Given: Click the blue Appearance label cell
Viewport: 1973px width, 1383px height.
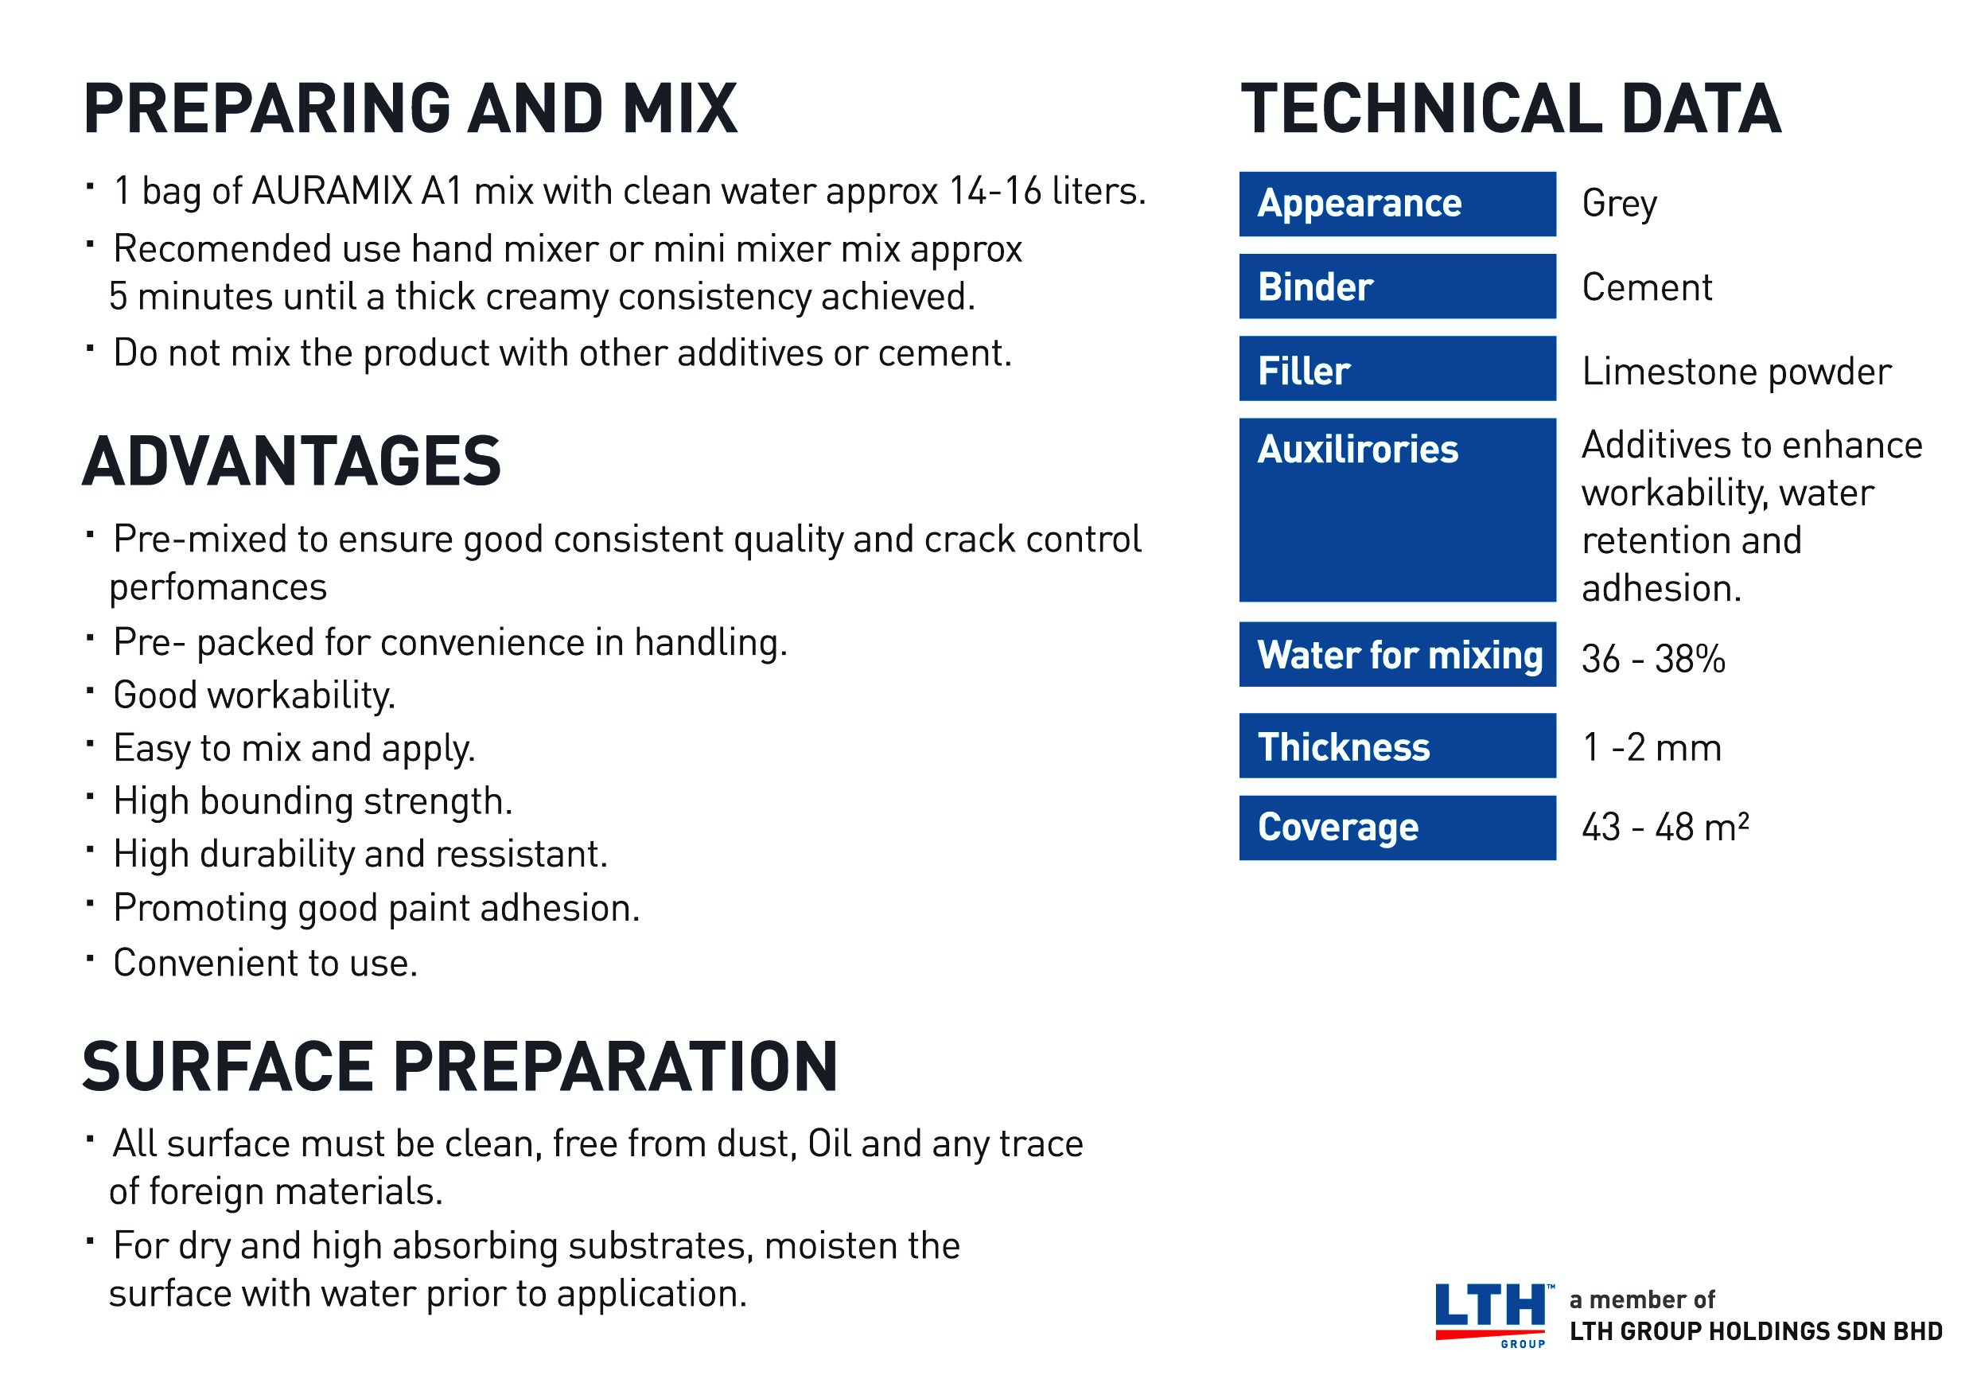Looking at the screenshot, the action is [x=1397, y=204].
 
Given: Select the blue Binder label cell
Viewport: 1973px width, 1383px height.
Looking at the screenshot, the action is [x=1397, y=286].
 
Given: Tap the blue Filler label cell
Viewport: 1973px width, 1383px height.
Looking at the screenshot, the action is [x=1397, y=368].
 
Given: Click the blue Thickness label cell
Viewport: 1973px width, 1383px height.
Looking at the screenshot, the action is [x=1397, y=746].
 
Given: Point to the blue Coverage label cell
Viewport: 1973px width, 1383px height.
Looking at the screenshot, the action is [x=1397, y=828].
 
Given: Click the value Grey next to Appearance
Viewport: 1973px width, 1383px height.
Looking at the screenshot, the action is [x=1619, y=205].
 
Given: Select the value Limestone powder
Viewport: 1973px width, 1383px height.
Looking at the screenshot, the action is [x=1737, y=372].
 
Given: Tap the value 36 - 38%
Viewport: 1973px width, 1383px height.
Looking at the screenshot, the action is [x=1653, y=659].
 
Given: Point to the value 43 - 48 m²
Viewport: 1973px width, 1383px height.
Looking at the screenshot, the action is [x=1665, y=827].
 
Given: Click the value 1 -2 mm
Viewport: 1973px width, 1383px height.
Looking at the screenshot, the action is [x=1652, y=748].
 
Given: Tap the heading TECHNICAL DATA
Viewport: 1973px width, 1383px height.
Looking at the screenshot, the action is [x=1511, y=109].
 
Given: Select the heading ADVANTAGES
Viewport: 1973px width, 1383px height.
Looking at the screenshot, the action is [x=291, y=462].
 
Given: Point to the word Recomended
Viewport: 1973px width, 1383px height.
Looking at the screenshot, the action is [x=223, y=249].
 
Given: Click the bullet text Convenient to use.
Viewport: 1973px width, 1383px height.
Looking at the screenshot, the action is [x=266, y=963].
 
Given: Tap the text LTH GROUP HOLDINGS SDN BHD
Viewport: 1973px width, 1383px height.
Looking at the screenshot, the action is [x=1756, y=1331].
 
